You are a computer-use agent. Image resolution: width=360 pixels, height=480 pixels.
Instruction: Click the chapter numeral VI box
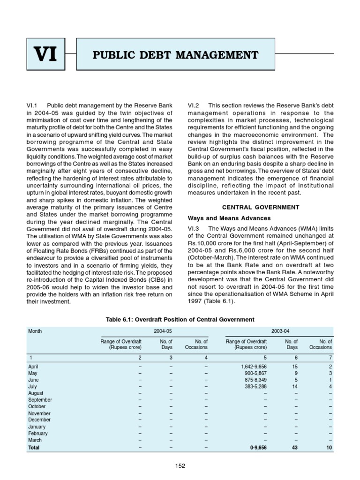(x=46, y=55)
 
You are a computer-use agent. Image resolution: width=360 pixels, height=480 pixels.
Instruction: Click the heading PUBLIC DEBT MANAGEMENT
(x=176, y=55)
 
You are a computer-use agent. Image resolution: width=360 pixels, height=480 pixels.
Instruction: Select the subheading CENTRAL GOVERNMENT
(x=261, y=207)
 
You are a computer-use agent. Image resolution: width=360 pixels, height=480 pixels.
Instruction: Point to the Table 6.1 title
(x=180, y=320)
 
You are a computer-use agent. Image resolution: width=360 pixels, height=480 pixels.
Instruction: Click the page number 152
(x=180, y=465)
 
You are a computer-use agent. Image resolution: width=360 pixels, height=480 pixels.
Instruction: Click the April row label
(x=34, y=367)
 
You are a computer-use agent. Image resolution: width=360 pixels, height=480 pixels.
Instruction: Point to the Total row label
(x=34, y=448)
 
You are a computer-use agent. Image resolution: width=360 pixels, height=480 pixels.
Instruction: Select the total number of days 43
(x=294, y=448)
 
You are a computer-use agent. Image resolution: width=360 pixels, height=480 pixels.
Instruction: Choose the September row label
(x=40, y=400)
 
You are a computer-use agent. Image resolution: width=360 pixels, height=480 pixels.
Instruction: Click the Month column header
(x=35, y=331)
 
